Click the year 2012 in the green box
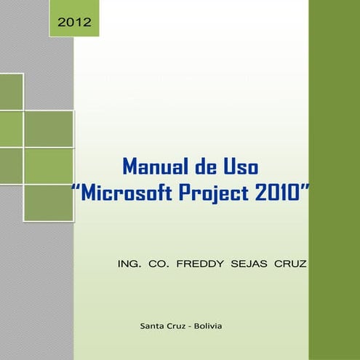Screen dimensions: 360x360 (x=73, y=23)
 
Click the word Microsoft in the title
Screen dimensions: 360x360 (x=121, y=193)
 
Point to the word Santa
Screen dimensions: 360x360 (x=152, y=325)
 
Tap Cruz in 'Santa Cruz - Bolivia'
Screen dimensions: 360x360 (x=176, y=325)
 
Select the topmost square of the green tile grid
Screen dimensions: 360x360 (x=11, y=91)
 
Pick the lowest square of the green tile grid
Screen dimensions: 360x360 (x=48, y=202)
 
